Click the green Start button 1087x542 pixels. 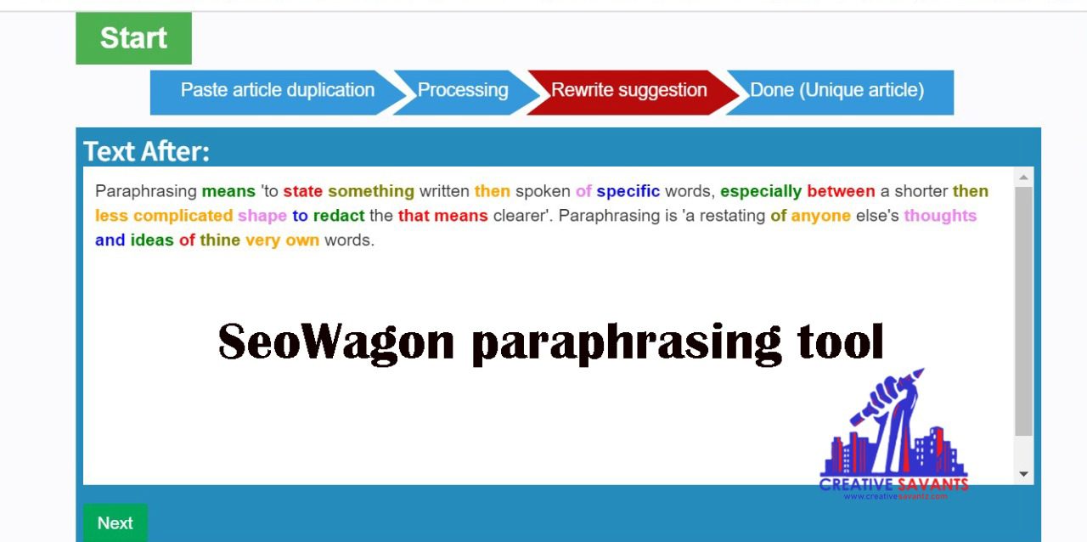(x=133, y=38)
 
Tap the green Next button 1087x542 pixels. (x=115, y=522)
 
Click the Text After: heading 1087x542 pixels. (x=147, y=151)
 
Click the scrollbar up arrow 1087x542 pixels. (x=1024, y=178)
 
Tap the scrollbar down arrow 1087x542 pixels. (x=1024, y=474)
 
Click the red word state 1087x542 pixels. (x=303, y=191)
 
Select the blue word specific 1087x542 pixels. (x=628, y=192)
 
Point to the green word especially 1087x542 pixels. (x=760, y=192)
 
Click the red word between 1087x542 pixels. (x=841, y=191)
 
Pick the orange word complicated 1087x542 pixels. (x=183, y=216)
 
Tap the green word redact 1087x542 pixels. (x=339, y=216)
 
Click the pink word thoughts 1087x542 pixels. (x=940, y=216)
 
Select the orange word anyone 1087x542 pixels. (x=820, y=216)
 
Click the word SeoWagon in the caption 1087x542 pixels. (x=336, y=342)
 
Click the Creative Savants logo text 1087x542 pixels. (x=893, y=485)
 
